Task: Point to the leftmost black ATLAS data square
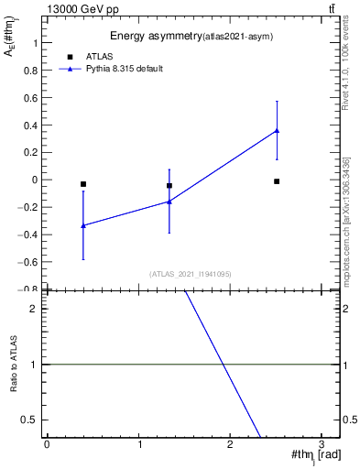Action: coord(83,184)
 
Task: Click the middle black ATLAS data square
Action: coord(169,186)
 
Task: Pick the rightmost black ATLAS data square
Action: coord(277,181)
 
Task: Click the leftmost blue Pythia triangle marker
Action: coord(83,224)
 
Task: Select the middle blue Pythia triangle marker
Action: coord(169,201)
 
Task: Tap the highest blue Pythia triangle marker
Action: coord(277,130)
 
